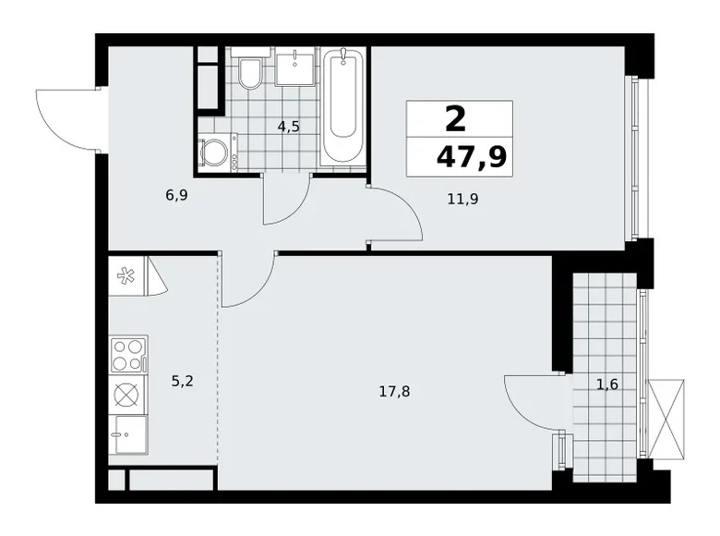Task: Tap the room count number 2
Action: tap(454, 120)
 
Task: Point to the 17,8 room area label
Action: tap(394, 391)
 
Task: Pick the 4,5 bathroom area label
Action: tap(289, 127)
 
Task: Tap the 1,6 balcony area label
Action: tap(607, 384)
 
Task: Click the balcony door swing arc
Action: tap(533, 399)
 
